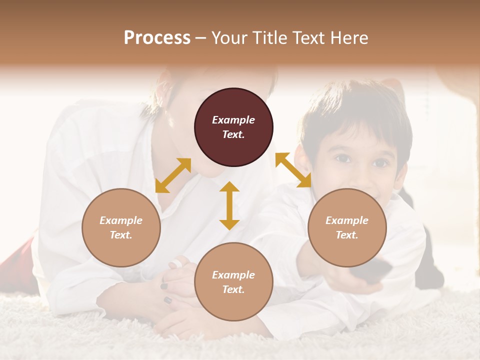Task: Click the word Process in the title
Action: pos(157,38)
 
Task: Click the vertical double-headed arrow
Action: pos(229,205)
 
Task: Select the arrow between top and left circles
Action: pos(173,175)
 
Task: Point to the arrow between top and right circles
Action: pos(293,170)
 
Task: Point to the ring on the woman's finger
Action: pos(175,264)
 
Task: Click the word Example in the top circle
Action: pos(233,120)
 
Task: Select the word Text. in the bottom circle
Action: pos(233,289)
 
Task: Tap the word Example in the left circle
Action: pos(121,220)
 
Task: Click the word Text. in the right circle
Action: pos(347,235)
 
